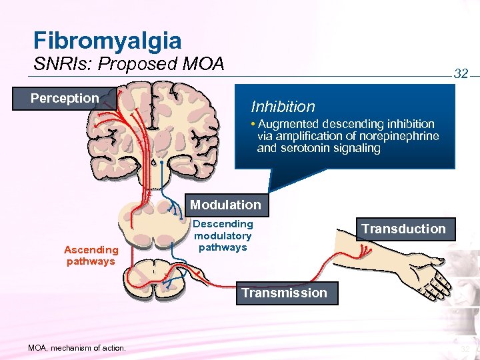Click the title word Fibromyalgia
107,41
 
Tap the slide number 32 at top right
461,73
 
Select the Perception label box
65,99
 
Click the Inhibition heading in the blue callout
283,107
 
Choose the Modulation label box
225,205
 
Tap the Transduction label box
403,229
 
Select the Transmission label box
284,293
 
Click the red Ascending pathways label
91,255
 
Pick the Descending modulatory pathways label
223,235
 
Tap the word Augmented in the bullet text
288,124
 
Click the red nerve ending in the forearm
365,251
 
